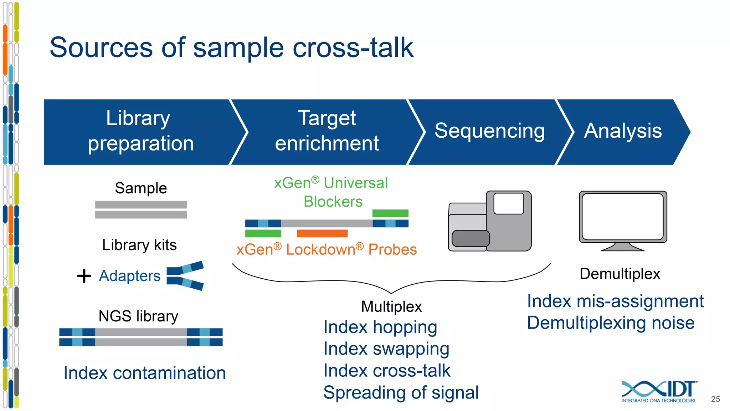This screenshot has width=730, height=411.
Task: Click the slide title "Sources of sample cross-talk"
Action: [231, 48]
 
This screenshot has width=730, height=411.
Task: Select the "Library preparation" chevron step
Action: [140, 131]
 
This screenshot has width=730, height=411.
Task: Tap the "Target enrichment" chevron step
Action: [327, 131]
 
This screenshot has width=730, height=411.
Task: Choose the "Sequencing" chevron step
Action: [489, 131]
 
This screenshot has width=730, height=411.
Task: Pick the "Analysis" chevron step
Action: [622, 131]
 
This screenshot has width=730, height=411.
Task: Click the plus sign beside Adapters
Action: [84, 276]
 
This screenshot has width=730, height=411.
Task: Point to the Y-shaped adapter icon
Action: [185, 276]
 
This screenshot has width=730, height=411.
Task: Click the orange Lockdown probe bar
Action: [322, 233]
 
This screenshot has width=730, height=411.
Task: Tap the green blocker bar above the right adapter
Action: [390, 213]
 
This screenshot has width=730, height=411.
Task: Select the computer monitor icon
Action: [623, 218]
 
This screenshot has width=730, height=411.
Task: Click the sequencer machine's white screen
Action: [509, 203]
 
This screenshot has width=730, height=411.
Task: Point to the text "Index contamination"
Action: [144, 373]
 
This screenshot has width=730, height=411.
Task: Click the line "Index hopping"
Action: [380, 327]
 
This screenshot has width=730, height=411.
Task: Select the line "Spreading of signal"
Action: [401, 393]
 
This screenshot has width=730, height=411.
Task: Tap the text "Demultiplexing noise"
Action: [611, 323]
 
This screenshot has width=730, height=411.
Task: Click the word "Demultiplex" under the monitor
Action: [620, 274]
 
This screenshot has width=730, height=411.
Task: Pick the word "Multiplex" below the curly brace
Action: [391, 307]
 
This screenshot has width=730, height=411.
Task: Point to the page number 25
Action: [715, 399]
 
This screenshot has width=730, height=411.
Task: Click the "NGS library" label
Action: [138, 316]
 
